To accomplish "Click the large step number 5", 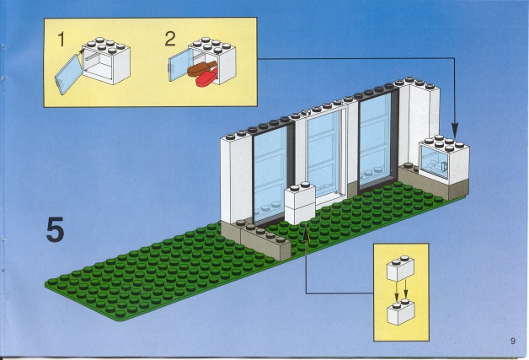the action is [x=55, y=229].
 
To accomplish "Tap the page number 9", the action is [x=513, y=341].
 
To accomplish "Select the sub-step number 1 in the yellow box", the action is [x=61, y=39].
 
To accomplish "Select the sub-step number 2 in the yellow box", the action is [x=170, y=39].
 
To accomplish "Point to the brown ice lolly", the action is [x=202, y=68].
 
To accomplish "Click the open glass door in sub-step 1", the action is [x=68, y=74].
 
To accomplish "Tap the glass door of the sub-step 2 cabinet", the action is [x=180, y=65].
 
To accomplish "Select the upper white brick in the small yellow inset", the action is [x=400, y=268].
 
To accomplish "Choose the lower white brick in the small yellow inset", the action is [x=401, y=312].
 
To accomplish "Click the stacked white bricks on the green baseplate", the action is [x=300, y=203].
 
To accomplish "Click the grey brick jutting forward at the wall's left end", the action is [x=266, y=242].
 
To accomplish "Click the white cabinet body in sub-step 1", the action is [x=106, y=61].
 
